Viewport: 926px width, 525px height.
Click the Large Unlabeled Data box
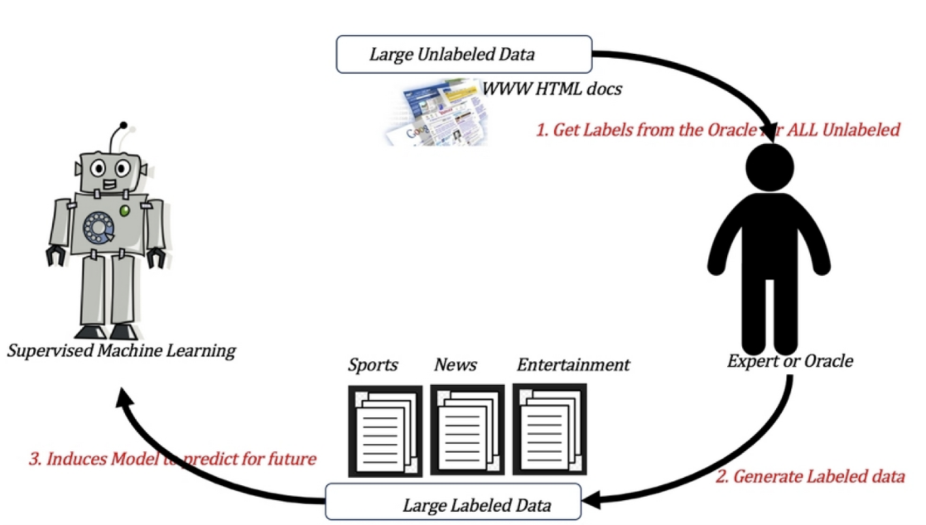pyautogui.click(x=463, y=54)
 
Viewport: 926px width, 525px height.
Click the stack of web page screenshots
pyautogui.click(x=434, y=113)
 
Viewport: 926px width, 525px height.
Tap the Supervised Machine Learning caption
pyautogui.click(x=122, y=351)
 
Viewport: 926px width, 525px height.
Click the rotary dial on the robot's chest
pyautogui.click(x=99, y=226)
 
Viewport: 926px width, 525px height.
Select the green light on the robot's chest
pyautogui.click(x=125, y=212)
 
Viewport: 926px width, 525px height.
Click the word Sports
pyautogui.click(x=373, y=364)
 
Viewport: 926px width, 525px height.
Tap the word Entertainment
pyautogui.click(x=573, y=364)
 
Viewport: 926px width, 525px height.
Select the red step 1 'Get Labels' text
pyautogui.click(x=717, y=130)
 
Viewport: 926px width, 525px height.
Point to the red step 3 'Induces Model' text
pyautogui.click(x=172, y=458)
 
